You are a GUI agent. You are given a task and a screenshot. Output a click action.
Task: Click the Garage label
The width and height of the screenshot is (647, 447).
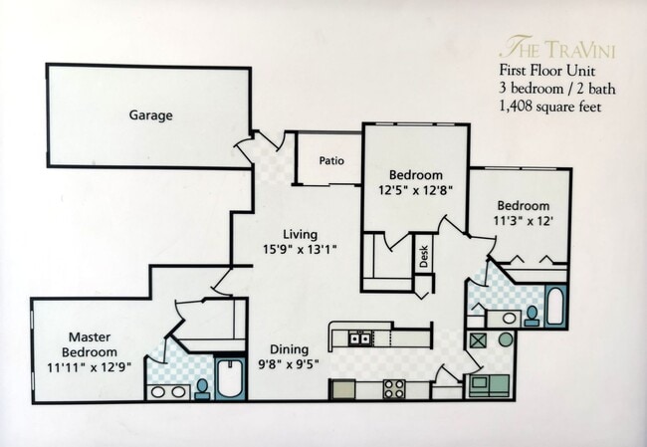click(150, 115)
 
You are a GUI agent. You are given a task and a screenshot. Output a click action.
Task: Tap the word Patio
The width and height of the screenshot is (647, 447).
click(331, 160)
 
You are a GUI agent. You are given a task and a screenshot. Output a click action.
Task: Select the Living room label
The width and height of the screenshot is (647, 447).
click(300, 235)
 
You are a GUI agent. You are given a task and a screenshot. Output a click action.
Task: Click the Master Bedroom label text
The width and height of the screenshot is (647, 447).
click(91, 344)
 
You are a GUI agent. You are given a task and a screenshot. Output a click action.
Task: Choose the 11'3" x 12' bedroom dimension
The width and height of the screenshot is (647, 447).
click(523, 220)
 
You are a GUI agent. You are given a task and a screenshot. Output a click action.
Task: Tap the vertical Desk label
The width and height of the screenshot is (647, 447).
click(423, 256)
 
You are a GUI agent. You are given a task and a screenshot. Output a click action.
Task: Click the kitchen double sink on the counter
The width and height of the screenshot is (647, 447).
click(360, 338)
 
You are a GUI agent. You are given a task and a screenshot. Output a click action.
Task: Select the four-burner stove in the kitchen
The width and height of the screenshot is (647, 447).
click(393, 389)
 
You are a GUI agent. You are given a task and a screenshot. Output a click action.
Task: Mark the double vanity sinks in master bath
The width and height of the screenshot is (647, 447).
click(168, 391)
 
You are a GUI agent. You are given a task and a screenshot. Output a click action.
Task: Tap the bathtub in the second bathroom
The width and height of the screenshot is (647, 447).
click(553, 308)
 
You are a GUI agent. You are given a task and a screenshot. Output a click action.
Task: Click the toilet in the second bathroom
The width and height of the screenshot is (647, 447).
click(533, 316)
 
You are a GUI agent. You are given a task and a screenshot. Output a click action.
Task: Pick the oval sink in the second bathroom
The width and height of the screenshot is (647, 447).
click(509, 319)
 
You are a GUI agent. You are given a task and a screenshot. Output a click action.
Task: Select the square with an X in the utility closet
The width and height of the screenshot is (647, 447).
click(478, 339)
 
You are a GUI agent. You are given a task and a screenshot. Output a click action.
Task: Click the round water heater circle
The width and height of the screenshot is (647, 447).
click(506, 339)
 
